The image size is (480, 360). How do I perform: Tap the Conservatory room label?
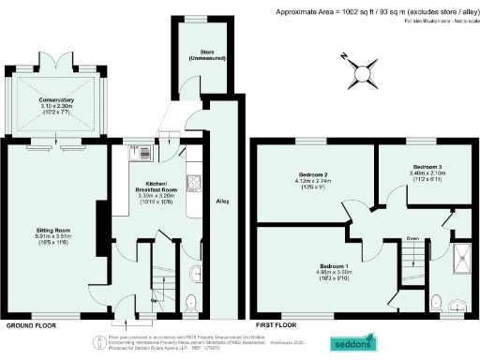(x=56, y=103)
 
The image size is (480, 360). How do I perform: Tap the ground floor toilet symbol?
(x=191, y=301)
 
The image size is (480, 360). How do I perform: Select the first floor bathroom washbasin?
(x=456, y=302)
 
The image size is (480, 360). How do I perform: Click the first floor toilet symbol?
(x=435, y=301)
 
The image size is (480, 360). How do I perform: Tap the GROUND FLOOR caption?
(x=29, y=325)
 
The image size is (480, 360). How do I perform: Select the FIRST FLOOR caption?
(x=277, y=325)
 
